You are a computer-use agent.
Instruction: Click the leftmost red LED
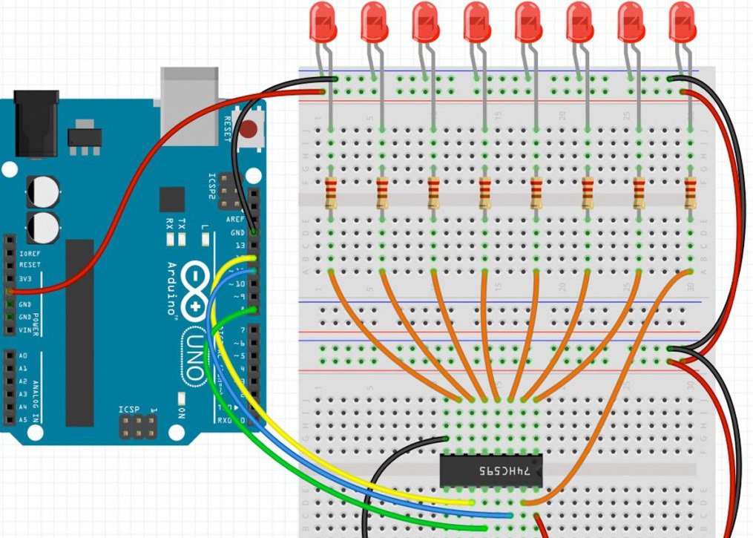[x=323, y=22]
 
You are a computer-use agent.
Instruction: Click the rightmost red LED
[x=683, y=22]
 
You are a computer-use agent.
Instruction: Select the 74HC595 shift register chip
[x=491, y=470]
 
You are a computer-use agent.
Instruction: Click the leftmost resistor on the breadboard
[x=331, y=194]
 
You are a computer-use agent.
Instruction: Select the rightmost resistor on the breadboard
[x=691, y=194]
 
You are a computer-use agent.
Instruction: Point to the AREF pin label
[x=236, y=220]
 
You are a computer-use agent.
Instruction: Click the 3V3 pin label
[x=28, y=279]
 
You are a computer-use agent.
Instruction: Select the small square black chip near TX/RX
[x=172, y=200]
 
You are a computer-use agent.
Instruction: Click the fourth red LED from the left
[x=477, y=22]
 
